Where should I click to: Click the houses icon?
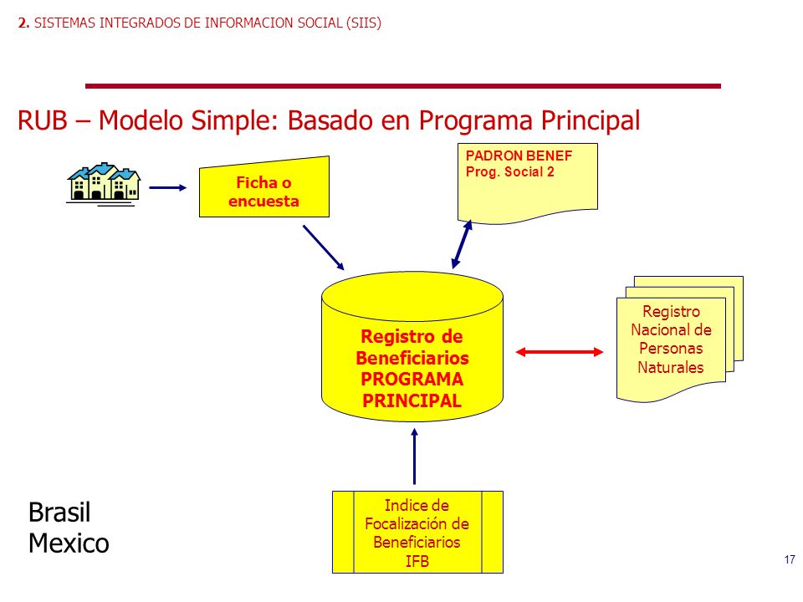(x=104, y=184)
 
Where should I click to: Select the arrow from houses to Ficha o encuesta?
(x=168, y=188)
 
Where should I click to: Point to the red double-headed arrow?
(x=560, y=352)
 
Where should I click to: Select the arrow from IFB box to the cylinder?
(x=414, y=457)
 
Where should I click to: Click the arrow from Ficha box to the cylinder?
(x=324, y=247)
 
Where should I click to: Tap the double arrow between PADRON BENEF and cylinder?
(x=462, y=244)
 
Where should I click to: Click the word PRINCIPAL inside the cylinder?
(x=412, y=400)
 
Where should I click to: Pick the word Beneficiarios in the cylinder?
(x=412, y=358)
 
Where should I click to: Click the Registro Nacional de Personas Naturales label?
(x=671, y=339)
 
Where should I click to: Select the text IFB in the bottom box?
(x=417, y=562)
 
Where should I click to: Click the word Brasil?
(x=59, y=512)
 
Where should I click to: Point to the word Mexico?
(x=69, y=543)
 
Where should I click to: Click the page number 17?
(x=789, y=559)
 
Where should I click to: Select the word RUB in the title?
(x=43, y=120)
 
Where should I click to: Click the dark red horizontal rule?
(x=403, y=86)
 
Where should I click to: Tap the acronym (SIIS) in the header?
(x=364, y=23)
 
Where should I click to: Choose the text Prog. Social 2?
(x=510, y=172)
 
